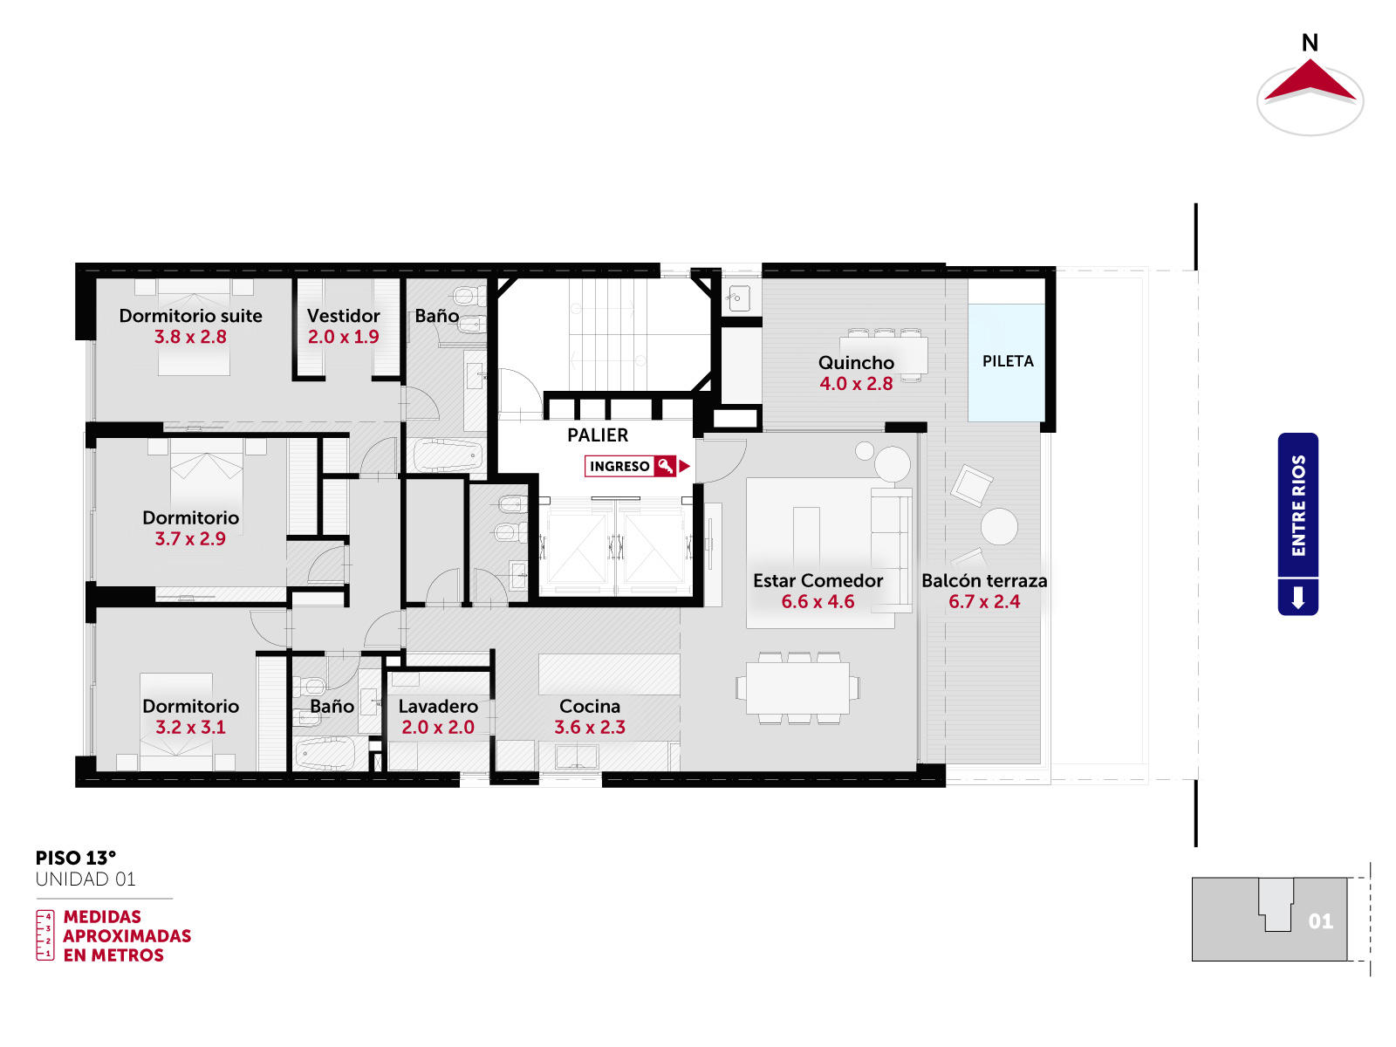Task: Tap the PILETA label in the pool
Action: (x=1008, y=361)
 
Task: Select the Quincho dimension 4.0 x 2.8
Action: (x=856, y=383)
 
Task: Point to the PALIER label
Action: (x=597, y=435)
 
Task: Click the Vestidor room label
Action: (x=343, y=315)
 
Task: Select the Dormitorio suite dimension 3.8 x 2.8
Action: (x=190, y=336)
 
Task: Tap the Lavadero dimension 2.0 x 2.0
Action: (x=438, y=727)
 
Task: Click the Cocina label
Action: (x=590, y=706)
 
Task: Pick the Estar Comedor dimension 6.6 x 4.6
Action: (x=818, y=601)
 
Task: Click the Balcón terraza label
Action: (x=984, y=580)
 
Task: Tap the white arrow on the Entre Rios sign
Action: (x=1298, y=598)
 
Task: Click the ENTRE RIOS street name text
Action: (x=1298, y=505)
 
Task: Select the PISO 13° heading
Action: (x=76, y=858)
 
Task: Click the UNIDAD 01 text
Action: (x=86, y=879)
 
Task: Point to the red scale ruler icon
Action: (x=45, y=935)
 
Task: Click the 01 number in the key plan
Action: (x=1320, y=921)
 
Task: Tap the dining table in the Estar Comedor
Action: (x=797, y=688)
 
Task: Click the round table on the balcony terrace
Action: (x=999, y=526)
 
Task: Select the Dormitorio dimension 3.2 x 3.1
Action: (x=190, y=727)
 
